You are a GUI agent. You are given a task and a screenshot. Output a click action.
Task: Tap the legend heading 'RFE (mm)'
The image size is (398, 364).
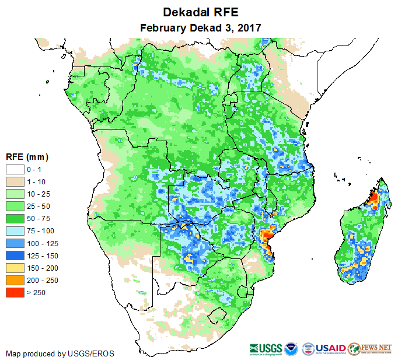pyautogui.click(x=27, y=156)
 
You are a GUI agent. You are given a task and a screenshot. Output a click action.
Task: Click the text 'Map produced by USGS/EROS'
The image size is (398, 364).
pyautogui.click(x=60, y=353)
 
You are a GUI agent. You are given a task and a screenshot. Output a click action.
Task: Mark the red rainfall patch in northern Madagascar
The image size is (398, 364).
pyautogui.click(x=373, y=200)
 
